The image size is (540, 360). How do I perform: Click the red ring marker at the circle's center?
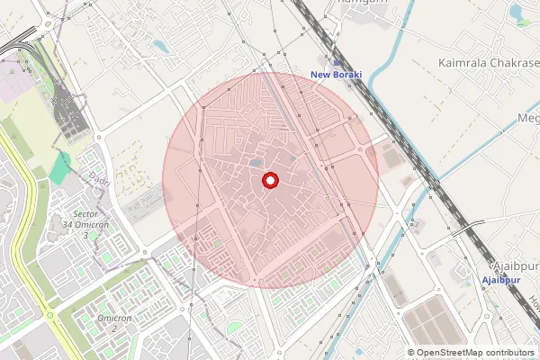point(268,181)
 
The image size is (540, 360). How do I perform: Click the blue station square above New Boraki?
point(336,61)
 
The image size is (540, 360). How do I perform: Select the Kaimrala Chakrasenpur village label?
point(486,63)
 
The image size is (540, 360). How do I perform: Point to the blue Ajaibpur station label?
point(502,281)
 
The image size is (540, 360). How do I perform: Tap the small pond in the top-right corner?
point(518,13)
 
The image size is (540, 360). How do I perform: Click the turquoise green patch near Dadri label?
point(61,166)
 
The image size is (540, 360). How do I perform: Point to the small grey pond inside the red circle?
point(257,163)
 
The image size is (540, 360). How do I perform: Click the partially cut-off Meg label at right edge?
point(528,118)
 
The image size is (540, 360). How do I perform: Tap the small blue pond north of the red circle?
point(160,45)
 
